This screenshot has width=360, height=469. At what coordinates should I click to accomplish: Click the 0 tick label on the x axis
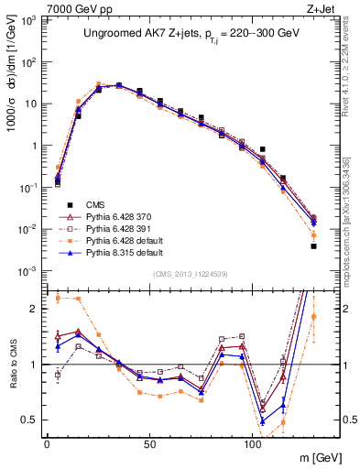tap(47, 442)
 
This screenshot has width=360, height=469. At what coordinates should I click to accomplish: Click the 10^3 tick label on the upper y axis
tap(27, 19)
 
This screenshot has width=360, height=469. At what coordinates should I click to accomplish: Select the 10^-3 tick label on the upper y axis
tap(27, 270)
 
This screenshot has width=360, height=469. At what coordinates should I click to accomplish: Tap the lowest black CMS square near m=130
tap(313, 245)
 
